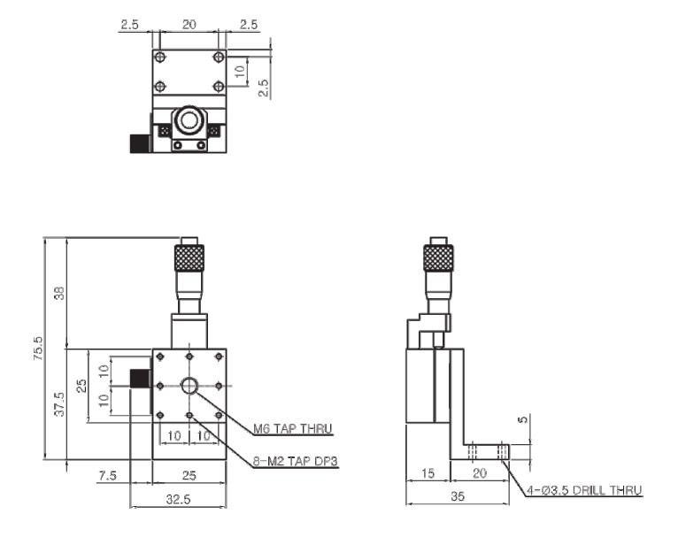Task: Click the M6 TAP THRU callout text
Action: (292, 428)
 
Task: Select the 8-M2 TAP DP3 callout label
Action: (295, 462)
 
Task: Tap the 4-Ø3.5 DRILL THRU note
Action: (584, 490)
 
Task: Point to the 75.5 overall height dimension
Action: (38, 349)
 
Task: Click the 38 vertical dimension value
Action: (60, 293)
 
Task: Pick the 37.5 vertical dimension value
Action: (59, 404)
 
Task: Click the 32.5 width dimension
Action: (178, 500)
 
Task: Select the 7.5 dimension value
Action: (108, 476)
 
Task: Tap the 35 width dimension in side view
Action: (457, 496)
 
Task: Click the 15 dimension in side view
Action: (428, 473)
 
